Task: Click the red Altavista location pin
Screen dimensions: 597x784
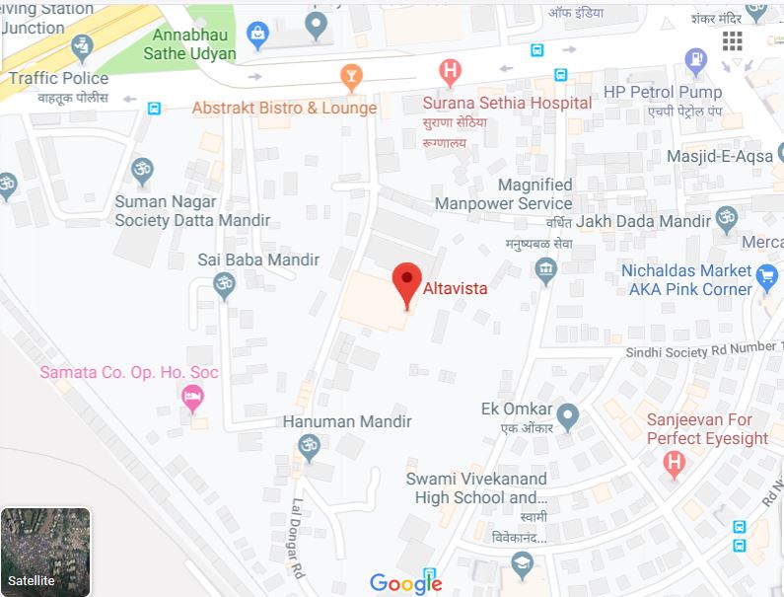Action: pyautogui.click(x=406, y=282)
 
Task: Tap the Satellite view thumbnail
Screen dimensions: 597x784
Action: pyautogui.click(x=45, y=552)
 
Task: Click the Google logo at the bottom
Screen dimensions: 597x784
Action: pyautogui.click(x=405, y=583)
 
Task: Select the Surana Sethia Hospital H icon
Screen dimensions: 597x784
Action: pyautogui.click(x=450, y=71)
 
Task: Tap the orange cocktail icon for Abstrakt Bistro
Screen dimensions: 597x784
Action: pyautogui.click(x=350, y=75)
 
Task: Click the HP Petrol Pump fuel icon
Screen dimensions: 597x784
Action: pyautogui.click(x=695, y=58)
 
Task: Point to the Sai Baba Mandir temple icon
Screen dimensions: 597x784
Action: pyautogui.click(x=225, y=285)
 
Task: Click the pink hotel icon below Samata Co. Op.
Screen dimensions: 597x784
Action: pyautogui.click(x=193, y=399)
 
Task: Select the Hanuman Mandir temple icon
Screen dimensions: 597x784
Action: pyautogui.click(x=309, y=447)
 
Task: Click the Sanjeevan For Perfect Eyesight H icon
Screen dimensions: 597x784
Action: pyautogui.click(x=675, y=462)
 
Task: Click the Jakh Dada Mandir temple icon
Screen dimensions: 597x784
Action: pyautogui.click(x=727, y=219)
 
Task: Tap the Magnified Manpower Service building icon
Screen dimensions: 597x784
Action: pyautogui.click(x=546, y=268)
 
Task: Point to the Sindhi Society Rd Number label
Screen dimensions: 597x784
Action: pyautogui.click(x=703, y=350)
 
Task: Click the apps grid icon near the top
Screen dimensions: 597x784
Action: pyautogui.click(x=733, y=40)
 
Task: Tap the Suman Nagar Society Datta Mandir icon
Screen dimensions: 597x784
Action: pyautogui.click(x=143, y=169)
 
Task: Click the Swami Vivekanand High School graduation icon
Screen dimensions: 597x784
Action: pyautogui.click(x=522, y=563)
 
